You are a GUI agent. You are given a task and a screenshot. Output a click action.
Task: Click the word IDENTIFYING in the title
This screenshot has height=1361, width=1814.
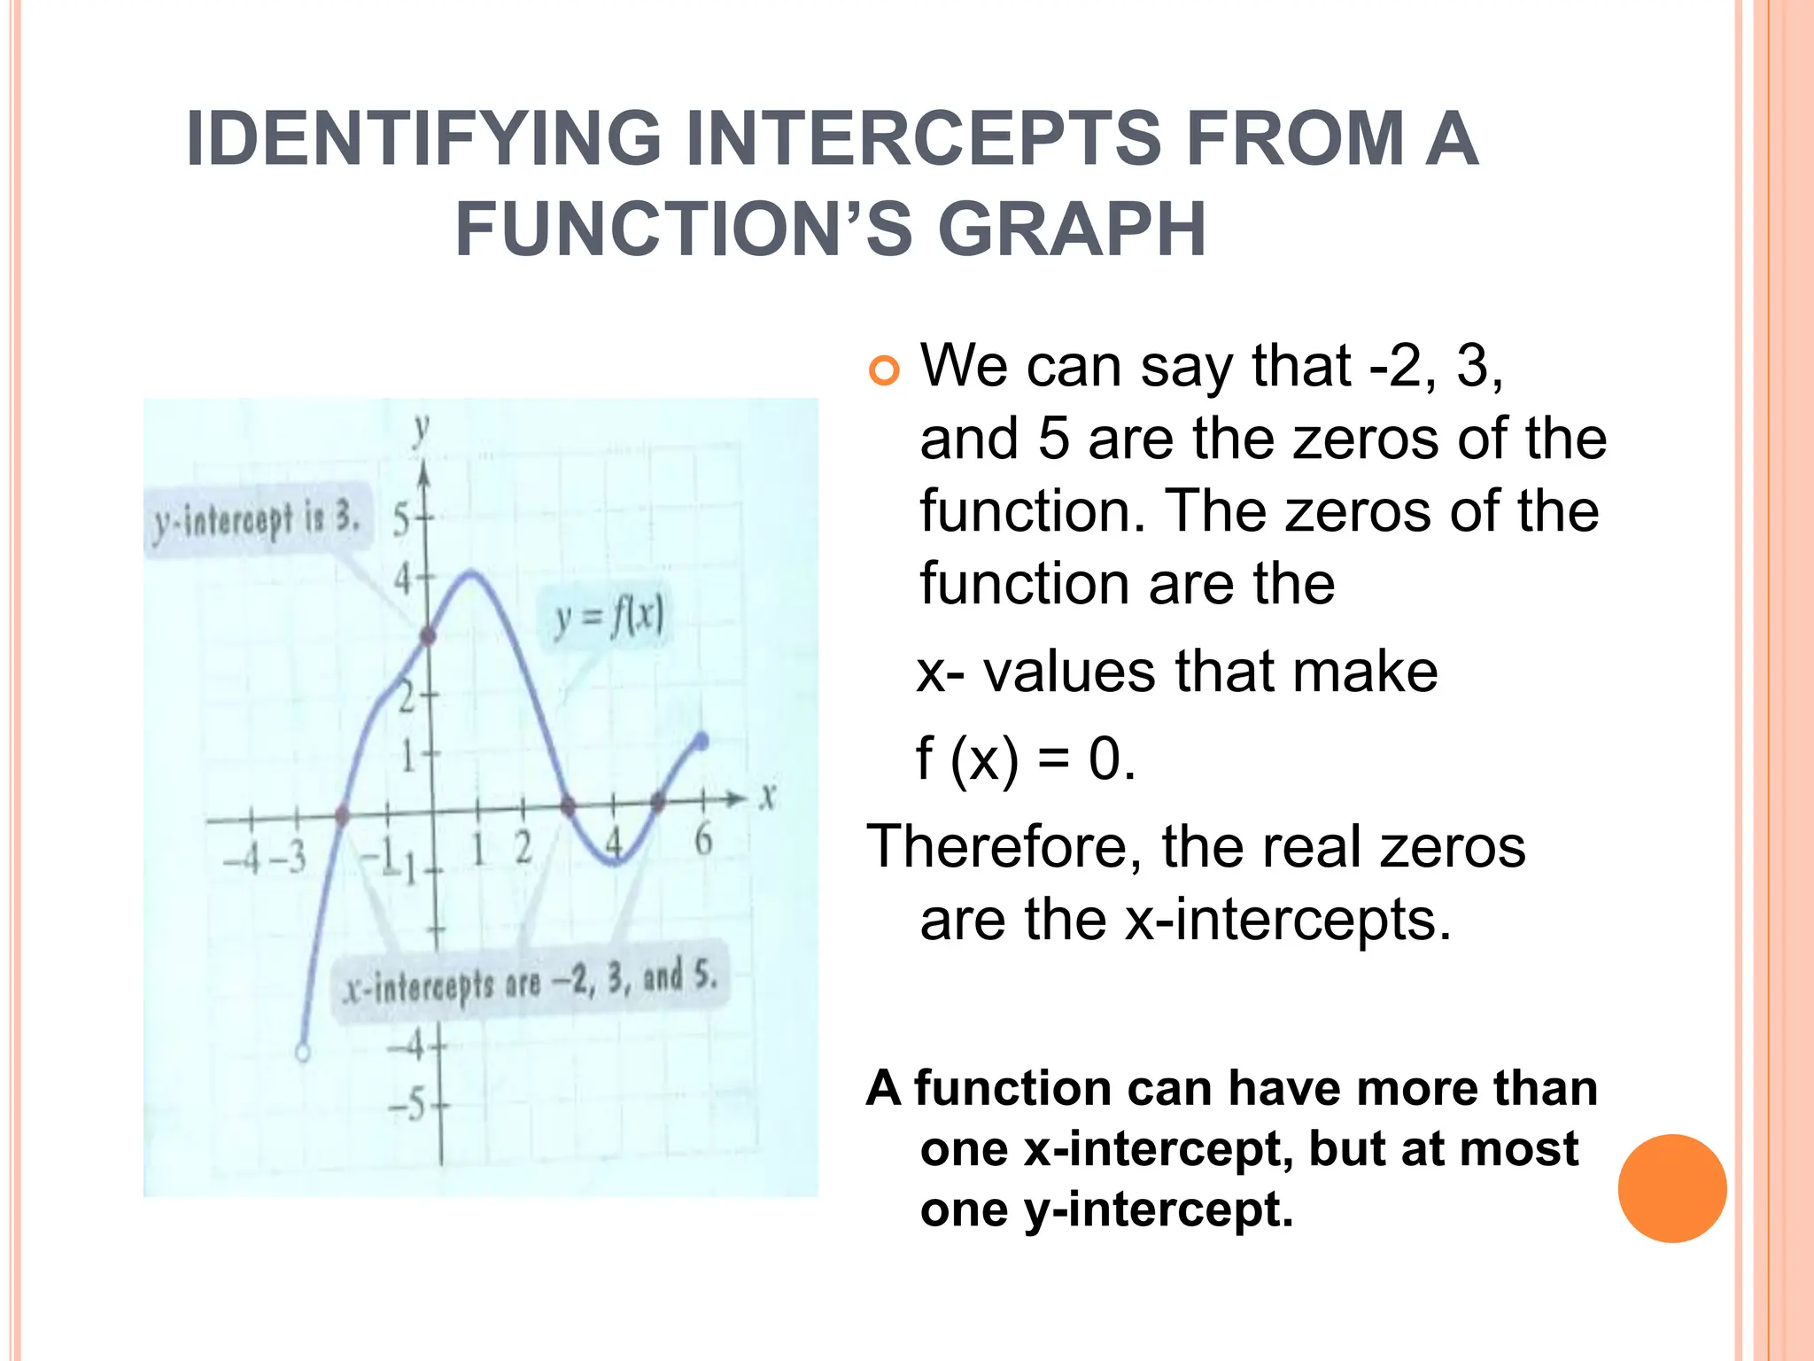[423, 139]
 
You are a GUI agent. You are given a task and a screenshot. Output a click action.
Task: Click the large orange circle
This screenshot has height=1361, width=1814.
[1671, 1188]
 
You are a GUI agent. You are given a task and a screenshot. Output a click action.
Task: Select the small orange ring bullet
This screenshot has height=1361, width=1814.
[883, 370]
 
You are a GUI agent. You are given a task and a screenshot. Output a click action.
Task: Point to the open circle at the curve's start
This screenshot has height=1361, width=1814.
[303, 1053]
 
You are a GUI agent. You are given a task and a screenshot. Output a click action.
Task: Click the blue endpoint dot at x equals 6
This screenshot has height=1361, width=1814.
[702, 741]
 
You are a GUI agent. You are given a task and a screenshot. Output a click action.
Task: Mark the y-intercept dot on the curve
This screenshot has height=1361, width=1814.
[428, 636]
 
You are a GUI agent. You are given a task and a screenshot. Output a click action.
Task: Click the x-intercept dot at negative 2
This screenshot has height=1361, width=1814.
[343, 814]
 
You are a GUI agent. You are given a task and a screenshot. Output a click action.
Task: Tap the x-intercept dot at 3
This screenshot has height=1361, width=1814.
[569, 805]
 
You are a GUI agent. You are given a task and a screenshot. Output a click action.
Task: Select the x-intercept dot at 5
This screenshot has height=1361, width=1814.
[657, 802]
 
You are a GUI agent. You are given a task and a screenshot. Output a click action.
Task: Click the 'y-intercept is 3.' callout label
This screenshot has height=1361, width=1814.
[256, 521]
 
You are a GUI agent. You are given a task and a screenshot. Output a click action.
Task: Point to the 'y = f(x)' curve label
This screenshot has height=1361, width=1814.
[609, 618]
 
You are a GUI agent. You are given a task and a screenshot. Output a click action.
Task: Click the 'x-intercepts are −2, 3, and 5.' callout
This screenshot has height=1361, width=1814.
[531, 982]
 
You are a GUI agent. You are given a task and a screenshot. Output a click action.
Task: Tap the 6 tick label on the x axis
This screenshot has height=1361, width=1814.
[703, 838]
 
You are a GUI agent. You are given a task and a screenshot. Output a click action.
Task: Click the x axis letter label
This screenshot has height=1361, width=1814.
[767, 796]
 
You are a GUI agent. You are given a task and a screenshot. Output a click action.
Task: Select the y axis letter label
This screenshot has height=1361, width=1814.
[422, 430]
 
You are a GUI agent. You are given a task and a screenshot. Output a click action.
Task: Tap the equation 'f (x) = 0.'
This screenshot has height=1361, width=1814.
[1026, 759]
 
